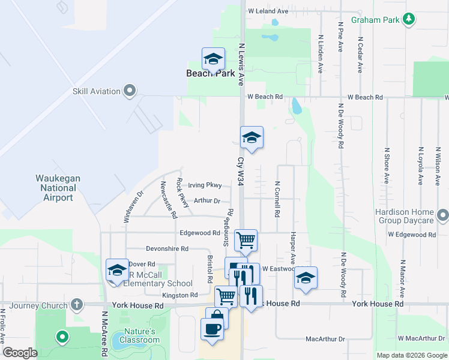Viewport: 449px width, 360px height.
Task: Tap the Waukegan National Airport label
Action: click(58, 188)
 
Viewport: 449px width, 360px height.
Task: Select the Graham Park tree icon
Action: click(409, 20)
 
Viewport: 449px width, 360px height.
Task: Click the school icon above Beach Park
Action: click(213, 59)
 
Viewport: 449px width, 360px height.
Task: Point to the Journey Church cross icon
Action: click(76, 305)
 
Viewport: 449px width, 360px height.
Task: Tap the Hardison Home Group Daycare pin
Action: click(443, 215)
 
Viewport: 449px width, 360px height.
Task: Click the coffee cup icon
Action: click(212, 329)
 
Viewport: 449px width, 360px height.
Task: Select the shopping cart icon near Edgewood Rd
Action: click(246, 241)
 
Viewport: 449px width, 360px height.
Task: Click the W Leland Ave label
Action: click(268, 11)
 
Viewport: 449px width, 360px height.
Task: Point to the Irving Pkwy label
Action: click(205, 185)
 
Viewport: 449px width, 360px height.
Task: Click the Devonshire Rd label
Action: click(167, 248)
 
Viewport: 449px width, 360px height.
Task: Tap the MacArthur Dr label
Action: click(325, 339)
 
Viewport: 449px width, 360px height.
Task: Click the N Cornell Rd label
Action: click(277, 199)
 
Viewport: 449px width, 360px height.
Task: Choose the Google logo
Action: click(19, 352)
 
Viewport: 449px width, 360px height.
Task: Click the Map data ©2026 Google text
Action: click(412, 355)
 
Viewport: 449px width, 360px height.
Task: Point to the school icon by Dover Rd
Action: click(117, 270)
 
